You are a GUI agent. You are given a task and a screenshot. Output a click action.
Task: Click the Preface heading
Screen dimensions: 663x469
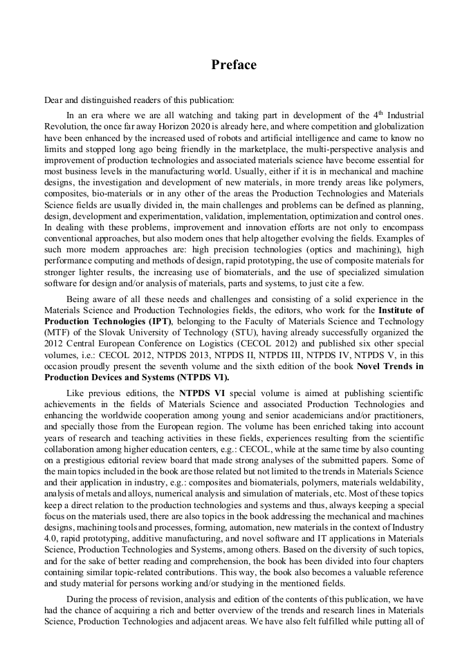(234, 65)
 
